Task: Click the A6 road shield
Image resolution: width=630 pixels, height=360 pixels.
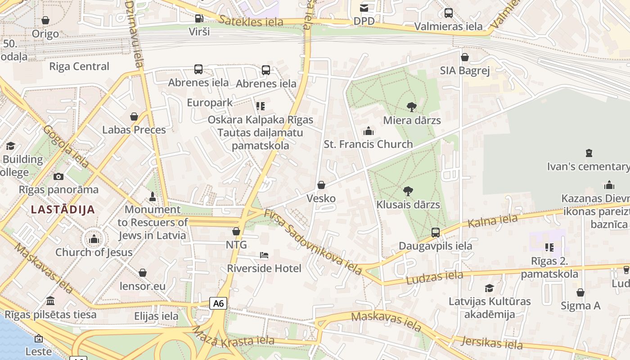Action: click(218, 303)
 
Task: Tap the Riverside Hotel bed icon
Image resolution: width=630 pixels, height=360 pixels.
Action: click(264, 255)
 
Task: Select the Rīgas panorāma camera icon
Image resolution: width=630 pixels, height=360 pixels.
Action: click(58, 176)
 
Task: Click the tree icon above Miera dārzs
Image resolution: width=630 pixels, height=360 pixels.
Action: click(411, 107)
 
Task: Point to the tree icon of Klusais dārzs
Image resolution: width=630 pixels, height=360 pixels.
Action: click(408, 191)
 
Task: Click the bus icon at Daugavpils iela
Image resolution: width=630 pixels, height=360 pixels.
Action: click(435, 233)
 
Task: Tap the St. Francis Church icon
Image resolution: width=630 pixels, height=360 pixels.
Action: click(369, 131)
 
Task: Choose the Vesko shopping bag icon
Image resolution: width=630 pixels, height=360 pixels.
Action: click(321, 185)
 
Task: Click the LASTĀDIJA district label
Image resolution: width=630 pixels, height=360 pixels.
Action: click(63, 210)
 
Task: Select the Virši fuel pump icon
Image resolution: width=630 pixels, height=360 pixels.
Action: click(199, 18)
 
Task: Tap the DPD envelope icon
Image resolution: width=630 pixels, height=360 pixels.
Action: click(364, 8)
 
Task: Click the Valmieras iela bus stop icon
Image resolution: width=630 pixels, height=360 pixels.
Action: click(448, 13)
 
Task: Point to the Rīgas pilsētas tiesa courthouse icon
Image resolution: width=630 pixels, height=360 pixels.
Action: click(50, 301)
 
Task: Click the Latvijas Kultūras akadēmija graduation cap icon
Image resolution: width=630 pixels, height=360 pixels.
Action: click(489, 288)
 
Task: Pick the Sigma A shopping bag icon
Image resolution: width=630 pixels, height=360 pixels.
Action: click(580, 292)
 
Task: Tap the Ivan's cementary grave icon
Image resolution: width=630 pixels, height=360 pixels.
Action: click(589, 153)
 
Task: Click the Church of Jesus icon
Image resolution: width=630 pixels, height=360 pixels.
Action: click(94, 239)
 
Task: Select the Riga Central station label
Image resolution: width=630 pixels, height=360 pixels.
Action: click(79, 67)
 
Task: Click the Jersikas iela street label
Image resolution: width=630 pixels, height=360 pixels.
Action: click(492, 343)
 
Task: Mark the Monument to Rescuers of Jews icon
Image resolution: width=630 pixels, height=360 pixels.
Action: click(152, 197)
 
